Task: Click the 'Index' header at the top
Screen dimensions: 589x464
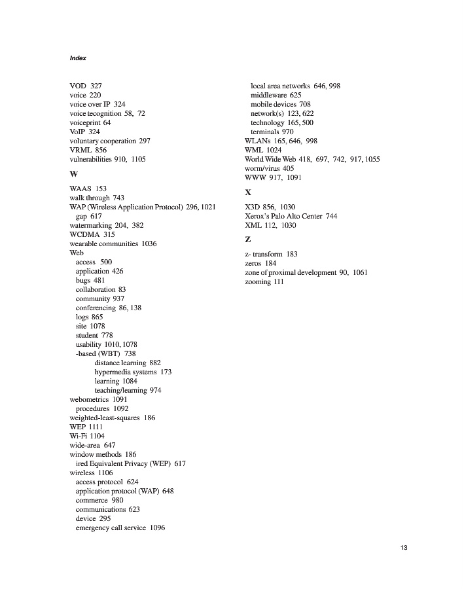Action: (78, 58)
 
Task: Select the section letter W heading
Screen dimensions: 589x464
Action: (73, 174)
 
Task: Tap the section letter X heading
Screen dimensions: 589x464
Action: (248, 192)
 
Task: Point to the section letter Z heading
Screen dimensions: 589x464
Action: (247, 240)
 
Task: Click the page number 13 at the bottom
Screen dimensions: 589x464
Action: (403, 548)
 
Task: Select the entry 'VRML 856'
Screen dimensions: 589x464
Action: (88, 150)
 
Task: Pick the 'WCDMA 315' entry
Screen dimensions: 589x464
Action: (92, 234)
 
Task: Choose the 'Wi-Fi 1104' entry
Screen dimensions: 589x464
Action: (87, 436)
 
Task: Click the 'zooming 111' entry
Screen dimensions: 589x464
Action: (264, 281)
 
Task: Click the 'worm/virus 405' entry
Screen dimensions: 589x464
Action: (270, 168)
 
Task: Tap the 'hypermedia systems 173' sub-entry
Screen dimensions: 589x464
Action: (133, 372)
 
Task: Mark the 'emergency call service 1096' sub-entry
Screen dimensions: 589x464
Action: (120, 527)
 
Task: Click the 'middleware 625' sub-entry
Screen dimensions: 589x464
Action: (276, 95)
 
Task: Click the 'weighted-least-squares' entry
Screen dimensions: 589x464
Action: (113, 418)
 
